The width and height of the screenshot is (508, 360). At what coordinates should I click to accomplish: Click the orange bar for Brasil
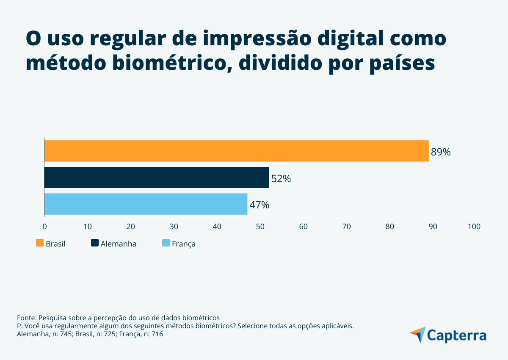point(236,151)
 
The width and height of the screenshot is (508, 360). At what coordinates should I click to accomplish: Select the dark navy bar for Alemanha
point(157,177)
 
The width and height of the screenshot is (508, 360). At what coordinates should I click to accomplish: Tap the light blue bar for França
point(146,204)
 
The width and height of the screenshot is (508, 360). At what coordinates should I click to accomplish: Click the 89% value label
point(441,152)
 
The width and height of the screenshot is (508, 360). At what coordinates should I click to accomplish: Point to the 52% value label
point(281,179)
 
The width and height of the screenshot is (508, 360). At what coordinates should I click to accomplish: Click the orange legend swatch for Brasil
point(40,243)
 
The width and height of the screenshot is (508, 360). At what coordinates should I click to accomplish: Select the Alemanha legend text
point(119,244)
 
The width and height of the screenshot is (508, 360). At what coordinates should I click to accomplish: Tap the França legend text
point(183,244)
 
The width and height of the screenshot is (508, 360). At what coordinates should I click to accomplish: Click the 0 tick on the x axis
point(44,227)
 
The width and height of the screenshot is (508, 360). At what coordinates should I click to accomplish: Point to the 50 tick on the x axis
point(260,227)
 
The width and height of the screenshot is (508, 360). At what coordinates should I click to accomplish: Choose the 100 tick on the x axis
point(474,227)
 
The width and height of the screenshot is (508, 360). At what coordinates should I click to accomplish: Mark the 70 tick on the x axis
point(346,227)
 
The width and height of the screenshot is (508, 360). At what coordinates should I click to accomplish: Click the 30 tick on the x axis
point(174,227)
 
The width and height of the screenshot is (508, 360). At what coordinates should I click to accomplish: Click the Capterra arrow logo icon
point(417,335)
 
